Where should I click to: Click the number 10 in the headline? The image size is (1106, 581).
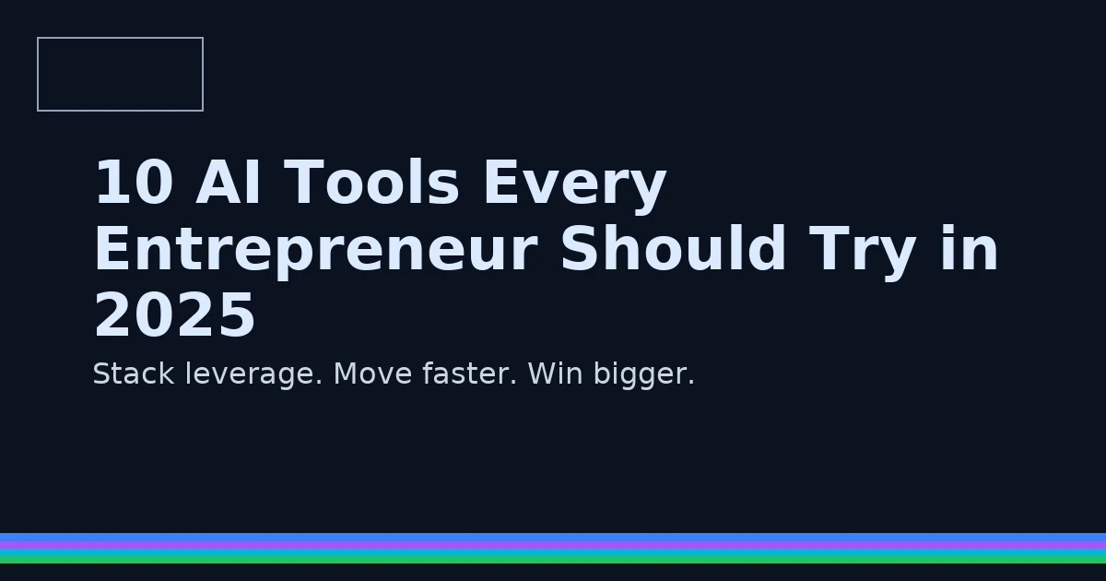[x=134, y=182]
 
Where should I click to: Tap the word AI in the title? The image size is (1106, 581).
[x=228, y=182]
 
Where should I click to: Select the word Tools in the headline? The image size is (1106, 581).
[x=371, y=182]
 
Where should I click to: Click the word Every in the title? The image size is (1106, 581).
[x=575, y=186]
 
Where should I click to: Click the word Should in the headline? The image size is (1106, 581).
[x=674, y=247]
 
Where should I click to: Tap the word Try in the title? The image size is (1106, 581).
[x=863, y=253]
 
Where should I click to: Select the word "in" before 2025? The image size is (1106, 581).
[x=970, y=247]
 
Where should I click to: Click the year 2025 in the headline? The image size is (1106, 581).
[x=175, y=314]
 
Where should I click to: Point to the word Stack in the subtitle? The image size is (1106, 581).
[x=134, y=373]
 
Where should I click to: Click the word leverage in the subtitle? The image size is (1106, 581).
[x=253, y=374]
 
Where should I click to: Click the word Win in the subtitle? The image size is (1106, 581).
[x=555, y=374]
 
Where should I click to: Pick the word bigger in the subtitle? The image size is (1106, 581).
[x=644, y=375]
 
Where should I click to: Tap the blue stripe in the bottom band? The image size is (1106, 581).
[x=553, y=537]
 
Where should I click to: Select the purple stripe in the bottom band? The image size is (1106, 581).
[x=553, y=545]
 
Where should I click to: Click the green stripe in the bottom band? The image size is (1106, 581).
[x=553, y=560]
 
